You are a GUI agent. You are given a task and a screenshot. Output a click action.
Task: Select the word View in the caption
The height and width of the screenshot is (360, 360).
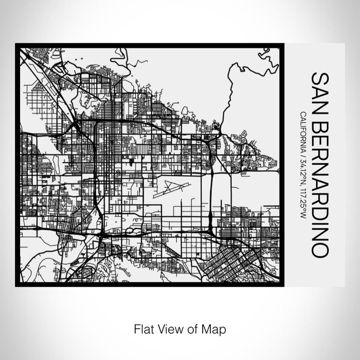[x=169, y=328]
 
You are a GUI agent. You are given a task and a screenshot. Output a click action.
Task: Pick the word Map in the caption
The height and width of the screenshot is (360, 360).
[x=215, y=328]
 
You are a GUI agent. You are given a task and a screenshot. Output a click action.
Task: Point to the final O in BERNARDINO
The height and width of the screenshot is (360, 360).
[x=320, y=249]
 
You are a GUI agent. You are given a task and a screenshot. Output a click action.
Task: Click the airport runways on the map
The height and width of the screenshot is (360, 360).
[x=175, y=188]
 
